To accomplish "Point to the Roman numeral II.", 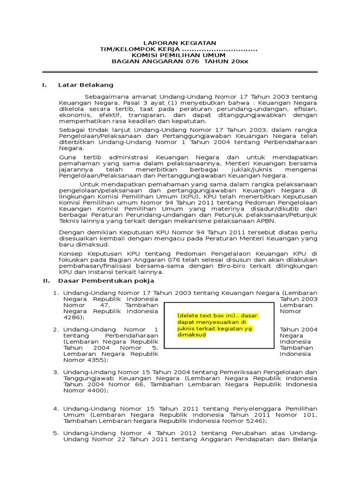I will pos(46,281).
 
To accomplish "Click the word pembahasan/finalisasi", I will pos(93,265).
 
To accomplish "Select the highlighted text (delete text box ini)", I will pos(202,315).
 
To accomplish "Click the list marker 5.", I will pos(55,433).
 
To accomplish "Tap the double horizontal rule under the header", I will pos(180,72).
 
